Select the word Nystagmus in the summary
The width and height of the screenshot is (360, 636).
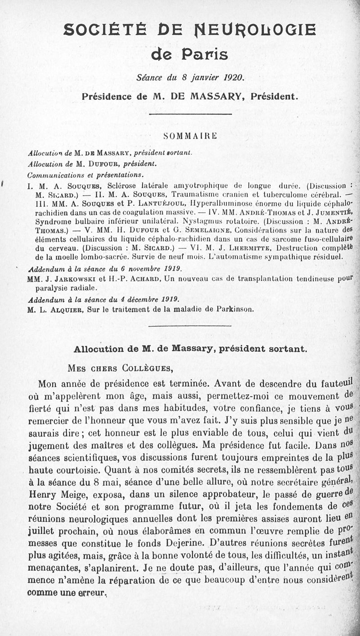202,221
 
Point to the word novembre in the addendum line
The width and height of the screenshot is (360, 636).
137,269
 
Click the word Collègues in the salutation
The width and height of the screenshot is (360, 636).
147,368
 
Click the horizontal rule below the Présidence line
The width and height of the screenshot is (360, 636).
190,114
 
